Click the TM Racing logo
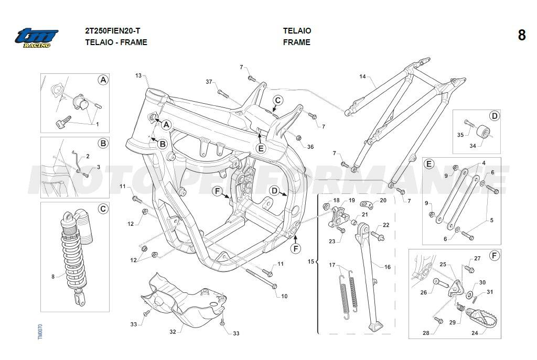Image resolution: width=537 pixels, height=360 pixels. coord(36,38)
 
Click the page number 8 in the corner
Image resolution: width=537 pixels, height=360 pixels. coord(521,35)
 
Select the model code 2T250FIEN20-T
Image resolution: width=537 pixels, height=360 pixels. coord(112,31)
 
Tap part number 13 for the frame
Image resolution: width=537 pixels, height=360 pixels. coord(138,76)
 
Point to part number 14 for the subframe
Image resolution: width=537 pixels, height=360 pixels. coord(362,77)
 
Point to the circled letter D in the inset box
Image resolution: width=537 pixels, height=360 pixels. coord(493,116)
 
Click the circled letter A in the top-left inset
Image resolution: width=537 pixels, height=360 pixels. coord(103,80)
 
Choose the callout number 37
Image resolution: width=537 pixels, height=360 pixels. coord(209,82)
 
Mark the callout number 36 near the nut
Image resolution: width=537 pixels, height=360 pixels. coord(310,147)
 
